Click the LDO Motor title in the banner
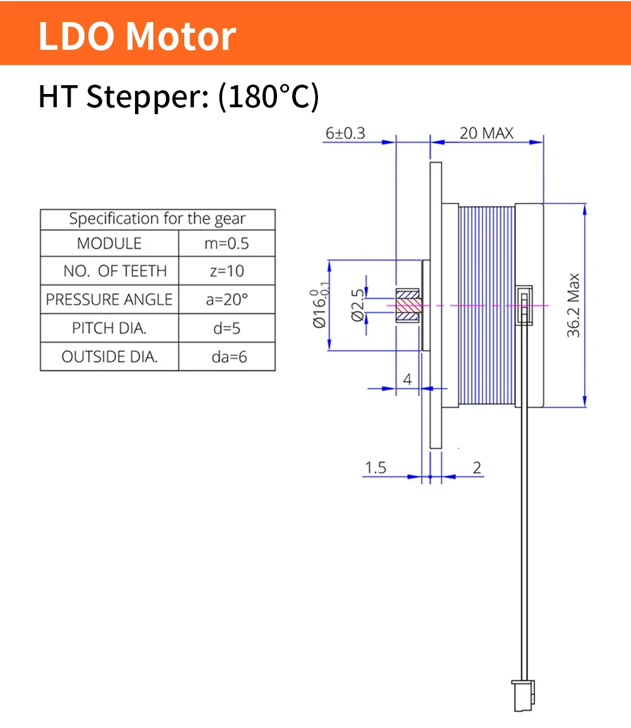point(138,36)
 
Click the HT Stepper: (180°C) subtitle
point(179,97)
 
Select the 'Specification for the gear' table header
point(157,219)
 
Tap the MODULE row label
point(109,244)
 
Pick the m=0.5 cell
point(227,244)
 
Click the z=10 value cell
point(227,271)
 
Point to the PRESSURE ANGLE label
point(109,300)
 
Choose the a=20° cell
point(227,300)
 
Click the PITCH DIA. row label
point(109,328)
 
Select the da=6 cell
point(229,357)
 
